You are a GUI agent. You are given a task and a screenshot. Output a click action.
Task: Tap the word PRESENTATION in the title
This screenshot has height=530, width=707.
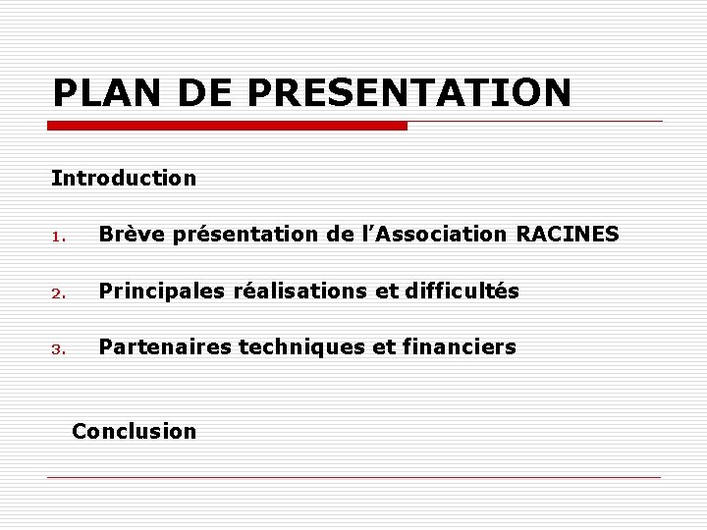pyautogui.click(x=409, y=93)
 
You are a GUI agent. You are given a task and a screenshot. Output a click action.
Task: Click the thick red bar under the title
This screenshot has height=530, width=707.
pyautogui.click(x=228, y=126)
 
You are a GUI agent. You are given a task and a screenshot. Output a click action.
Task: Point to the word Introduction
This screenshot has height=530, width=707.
pyautogui.click(x=124, y=179)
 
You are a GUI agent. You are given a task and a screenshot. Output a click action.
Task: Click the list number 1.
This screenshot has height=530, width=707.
pyautogui.click(x=58, y=237)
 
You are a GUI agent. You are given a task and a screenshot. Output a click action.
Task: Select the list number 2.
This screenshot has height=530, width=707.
pyautogui.click(x=58, y=292)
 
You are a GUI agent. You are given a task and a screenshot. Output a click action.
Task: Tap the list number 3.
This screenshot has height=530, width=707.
pyautogui.click(x=58, y=348)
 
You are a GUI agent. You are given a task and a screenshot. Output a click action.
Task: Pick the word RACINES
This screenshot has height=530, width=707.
pyautogui.click(x=568, y=235)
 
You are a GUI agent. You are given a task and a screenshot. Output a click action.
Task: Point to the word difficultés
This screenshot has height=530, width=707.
pyautogui.click(x=462, y=291)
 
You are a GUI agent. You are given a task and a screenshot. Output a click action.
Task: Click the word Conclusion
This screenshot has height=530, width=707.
pyautogui.click(x=135, y=431)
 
